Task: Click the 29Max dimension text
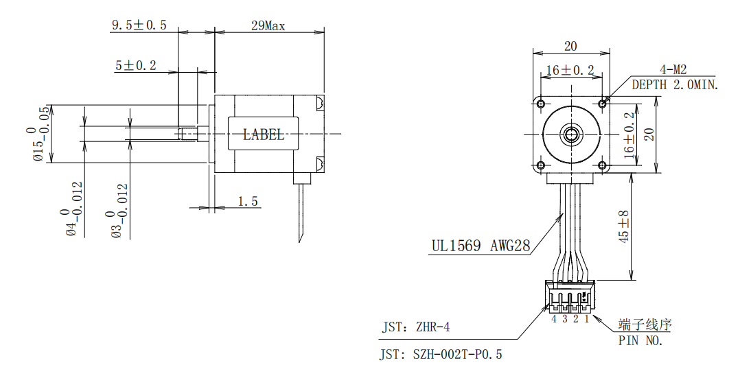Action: (268, 26)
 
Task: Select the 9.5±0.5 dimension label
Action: (139, 25)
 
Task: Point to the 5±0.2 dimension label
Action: (136, 66)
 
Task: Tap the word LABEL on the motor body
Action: (264, 134)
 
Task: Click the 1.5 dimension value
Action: (248, 201)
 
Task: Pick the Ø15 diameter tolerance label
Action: (42, 134)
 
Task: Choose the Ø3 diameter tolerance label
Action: (119, 210)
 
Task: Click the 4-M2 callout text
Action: (673, 69)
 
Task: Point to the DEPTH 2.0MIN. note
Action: (675, 85)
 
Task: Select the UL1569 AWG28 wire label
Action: (481, 246)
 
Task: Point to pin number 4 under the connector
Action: (554, 318)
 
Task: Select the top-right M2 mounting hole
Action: (603, 104)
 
